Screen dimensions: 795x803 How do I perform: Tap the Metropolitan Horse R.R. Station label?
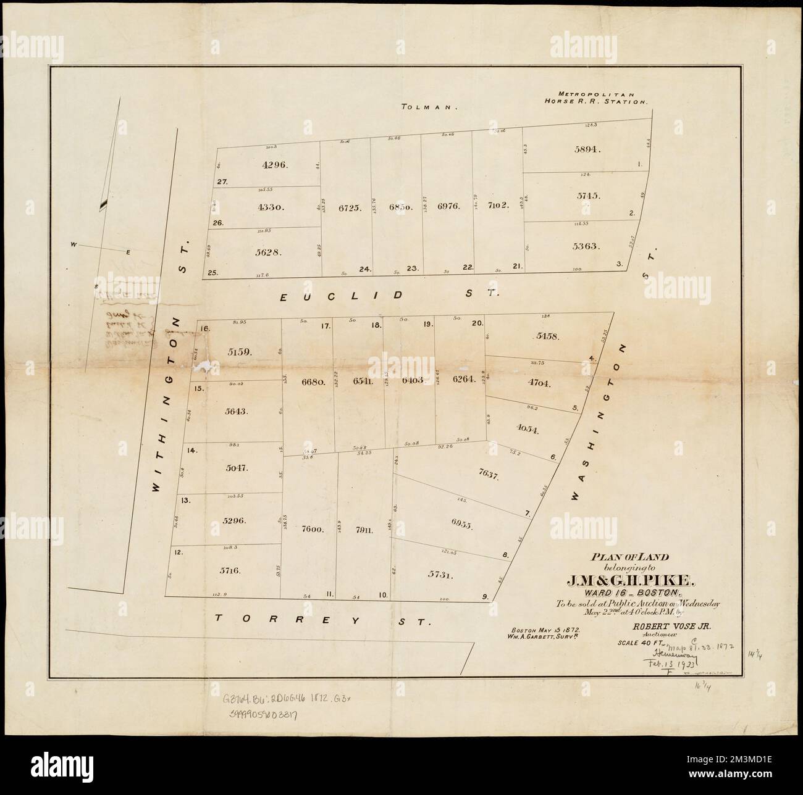(x=595, y=96)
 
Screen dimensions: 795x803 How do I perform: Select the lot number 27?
(x=222, y=181)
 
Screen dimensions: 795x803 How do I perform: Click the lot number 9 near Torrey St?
(x=486, y=596)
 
